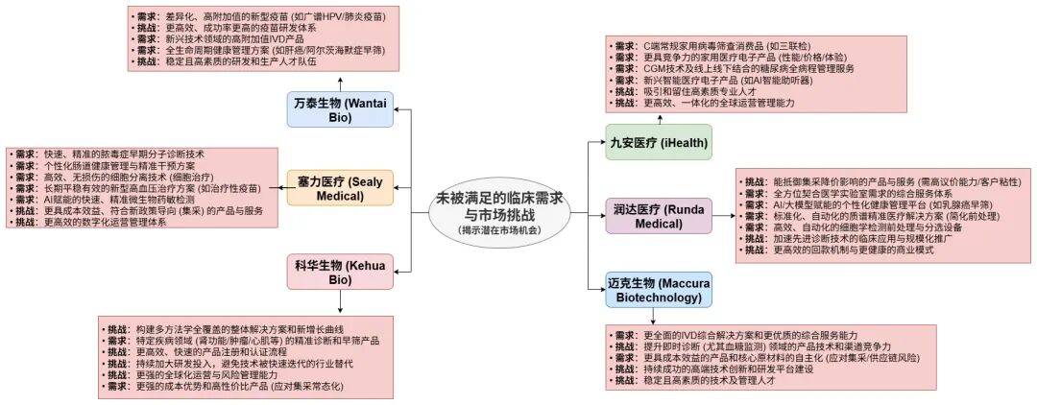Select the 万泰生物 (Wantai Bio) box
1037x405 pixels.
pos(340,108)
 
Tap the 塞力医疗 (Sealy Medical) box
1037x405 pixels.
pos(340,187)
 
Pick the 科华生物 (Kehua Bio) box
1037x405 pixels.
pos(340,271)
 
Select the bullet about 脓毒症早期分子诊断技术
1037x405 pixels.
pos(125,155)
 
